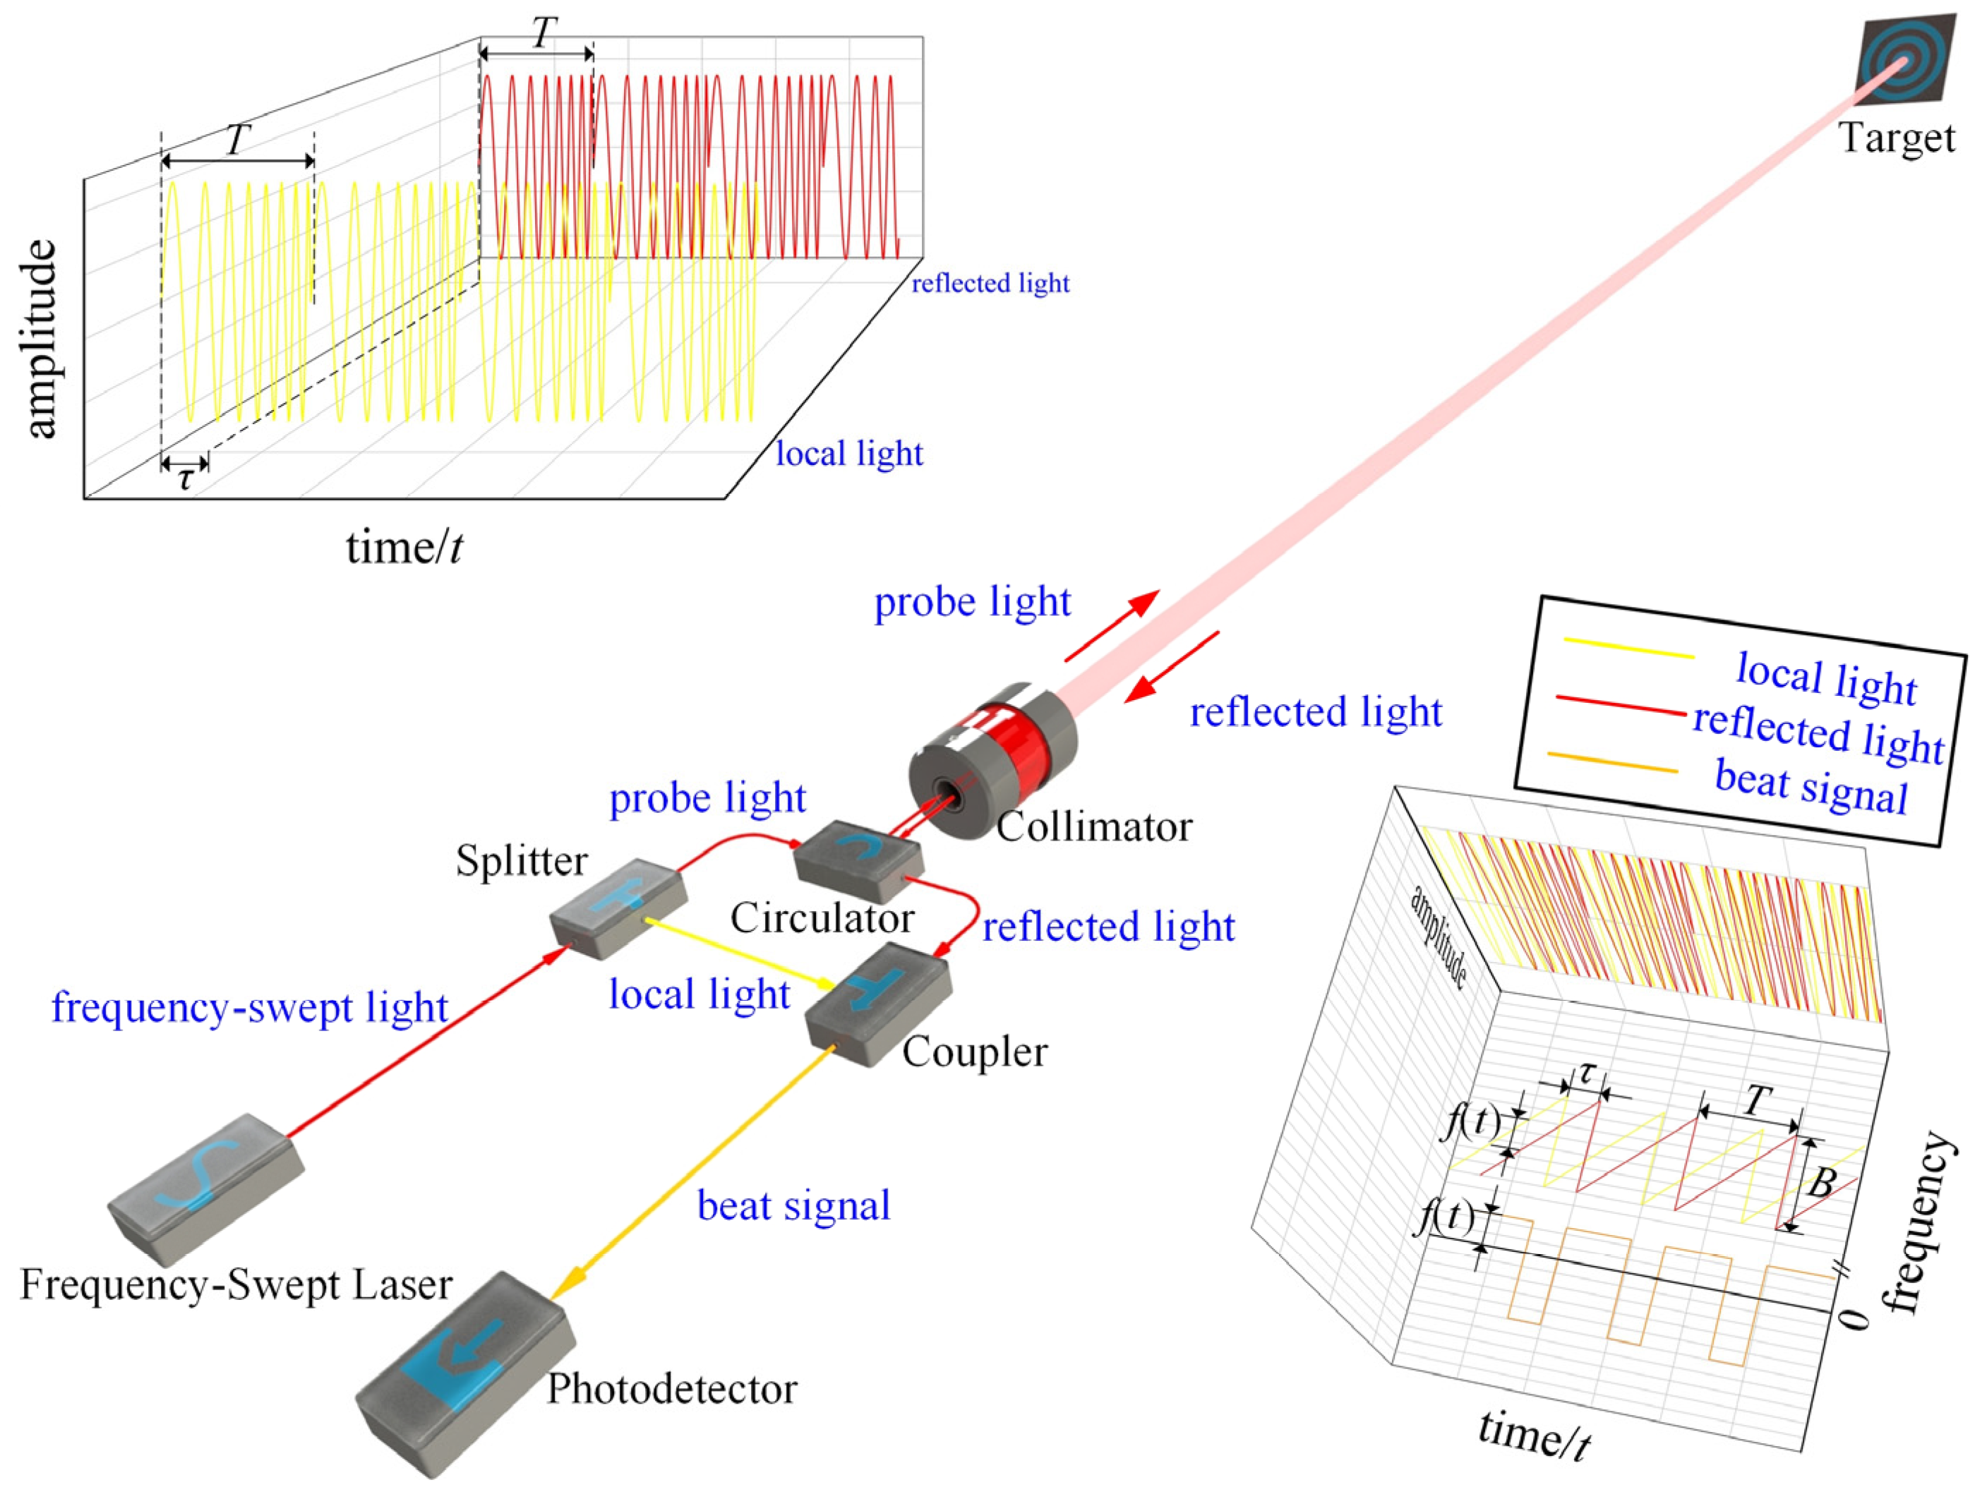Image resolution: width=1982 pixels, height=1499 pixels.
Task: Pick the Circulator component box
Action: (858, 858)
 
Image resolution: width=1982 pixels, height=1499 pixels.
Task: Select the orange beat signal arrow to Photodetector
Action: (690, 1174)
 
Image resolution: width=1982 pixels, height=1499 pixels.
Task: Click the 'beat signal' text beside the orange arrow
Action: (794, 1205)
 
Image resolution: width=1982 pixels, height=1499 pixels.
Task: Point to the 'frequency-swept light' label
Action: (249, 1007)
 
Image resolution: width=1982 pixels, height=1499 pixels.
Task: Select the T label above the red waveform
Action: (543, 33)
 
